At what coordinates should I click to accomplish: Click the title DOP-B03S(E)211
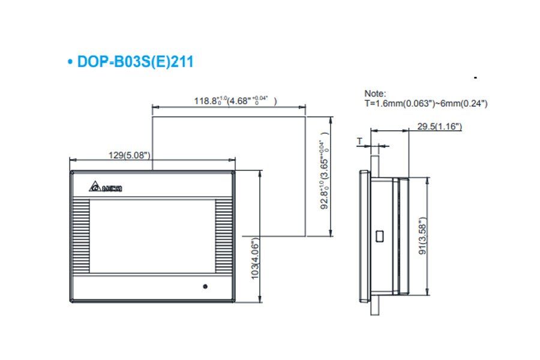click(x=135, y=62)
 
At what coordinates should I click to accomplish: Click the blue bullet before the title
click(x=71, y=62)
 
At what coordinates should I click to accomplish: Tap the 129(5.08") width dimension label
click(x=129, y=155)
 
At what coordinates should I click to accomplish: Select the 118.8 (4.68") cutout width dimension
click(x=235, y=101)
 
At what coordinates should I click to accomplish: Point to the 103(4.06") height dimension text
click(x=255, y=257)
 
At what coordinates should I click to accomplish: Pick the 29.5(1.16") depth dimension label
click(x=439, y=126)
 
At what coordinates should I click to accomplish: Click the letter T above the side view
click(x=359, y=142)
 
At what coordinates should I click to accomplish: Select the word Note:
click(x=375, y=94)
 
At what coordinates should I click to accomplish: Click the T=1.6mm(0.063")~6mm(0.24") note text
click(x=426, y=103)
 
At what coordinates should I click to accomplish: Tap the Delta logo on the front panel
click(x=106, y=188)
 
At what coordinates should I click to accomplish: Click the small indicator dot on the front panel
click(x=205, y=286)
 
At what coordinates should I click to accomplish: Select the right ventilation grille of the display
click(x=223, y=237)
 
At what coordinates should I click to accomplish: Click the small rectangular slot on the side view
click(x=379, y=236)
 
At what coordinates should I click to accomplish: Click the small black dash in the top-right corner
click(x=475, y=78)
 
